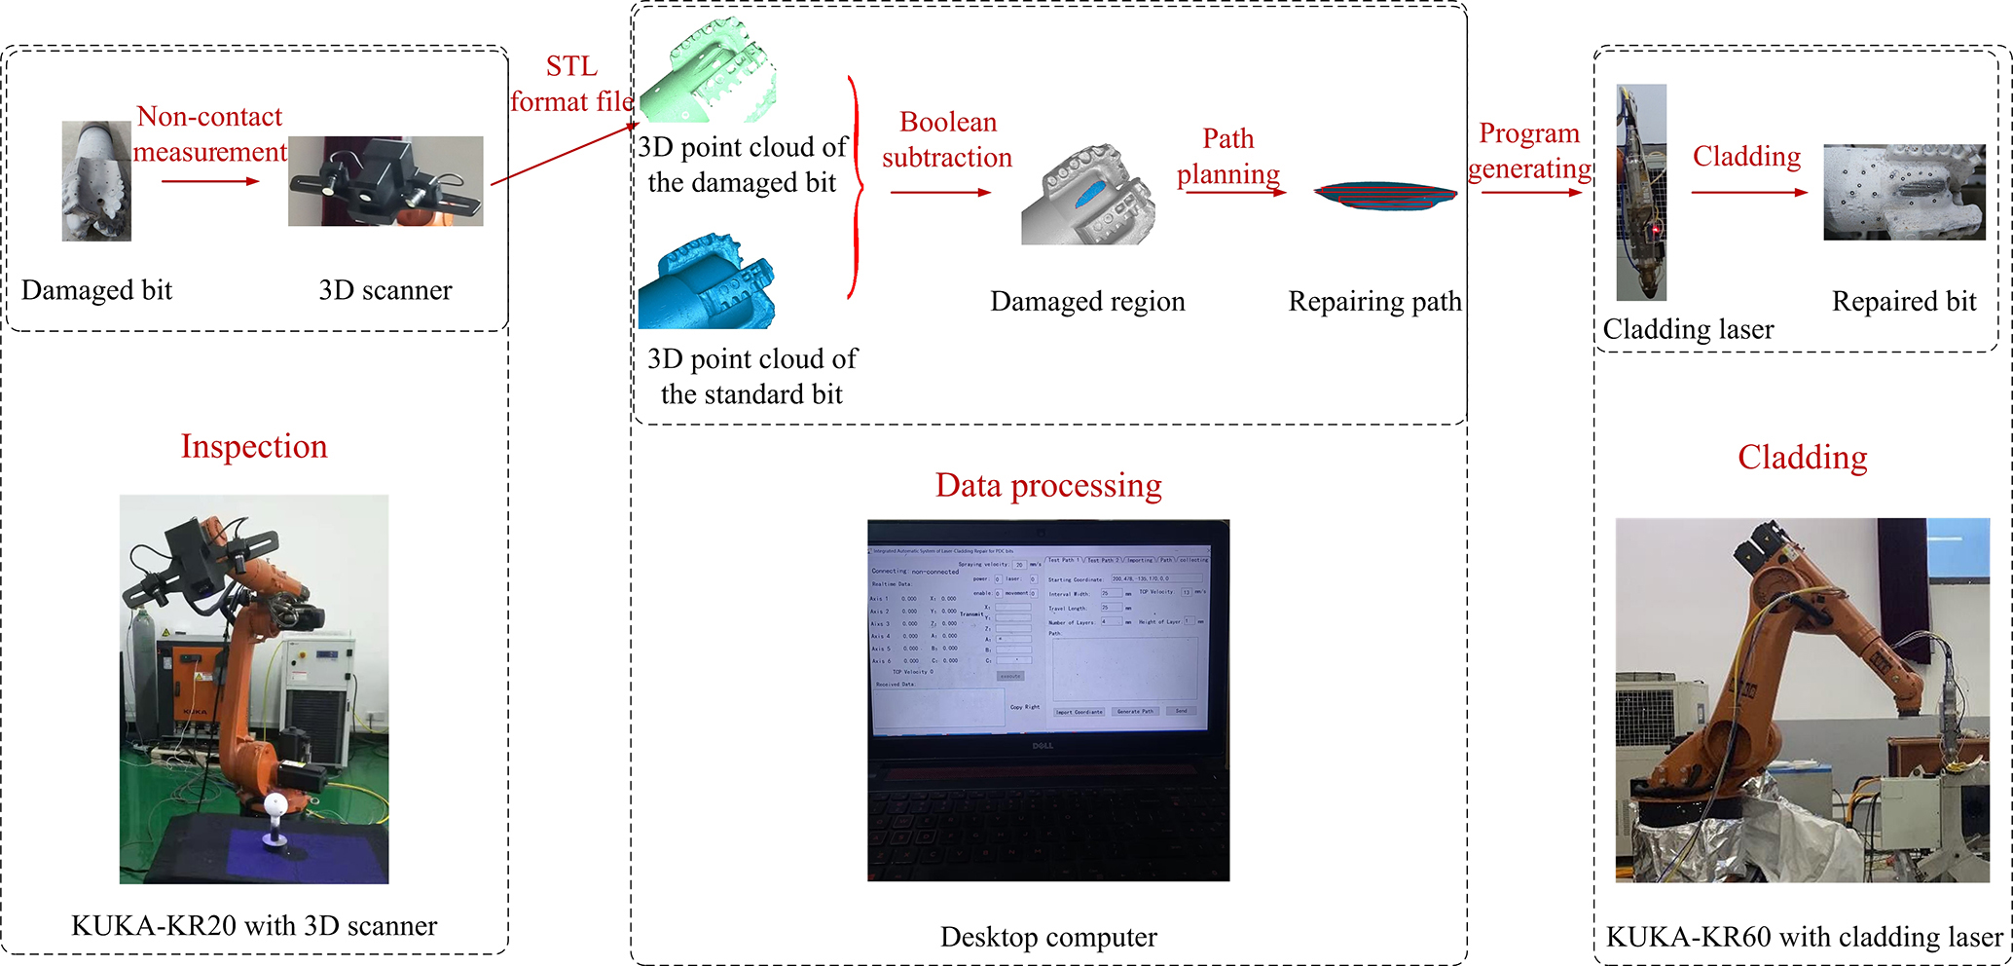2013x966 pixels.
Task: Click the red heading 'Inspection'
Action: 254,446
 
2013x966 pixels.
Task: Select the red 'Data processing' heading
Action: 1048,485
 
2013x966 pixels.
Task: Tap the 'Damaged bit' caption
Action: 96,290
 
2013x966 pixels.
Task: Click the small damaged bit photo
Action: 96,181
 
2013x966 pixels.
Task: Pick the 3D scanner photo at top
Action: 385,181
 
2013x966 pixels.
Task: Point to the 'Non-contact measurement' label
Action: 209,134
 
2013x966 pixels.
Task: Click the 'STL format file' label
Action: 571,84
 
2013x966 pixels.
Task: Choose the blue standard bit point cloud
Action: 706,282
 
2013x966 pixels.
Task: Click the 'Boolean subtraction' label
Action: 947,139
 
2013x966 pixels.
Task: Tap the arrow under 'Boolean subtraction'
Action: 939,193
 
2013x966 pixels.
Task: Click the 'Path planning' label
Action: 1228,156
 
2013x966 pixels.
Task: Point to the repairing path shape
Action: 1385,195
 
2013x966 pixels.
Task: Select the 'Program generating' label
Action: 1529,151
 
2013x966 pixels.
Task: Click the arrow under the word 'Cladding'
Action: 1748,193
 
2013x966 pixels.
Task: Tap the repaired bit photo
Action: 1903,192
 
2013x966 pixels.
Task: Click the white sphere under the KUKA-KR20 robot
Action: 276,803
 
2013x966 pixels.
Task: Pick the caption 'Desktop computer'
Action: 1048,937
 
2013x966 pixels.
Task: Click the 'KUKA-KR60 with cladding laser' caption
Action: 1804,937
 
